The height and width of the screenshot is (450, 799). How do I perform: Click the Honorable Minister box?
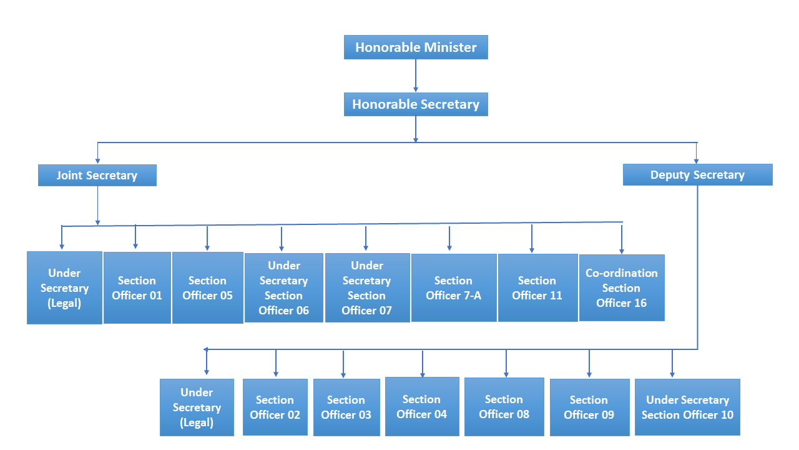[416, 47]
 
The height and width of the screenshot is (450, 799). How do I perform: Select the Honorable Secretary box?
[416, 104]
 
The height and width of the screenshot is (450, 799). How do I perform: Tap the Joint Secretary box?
[97, 176]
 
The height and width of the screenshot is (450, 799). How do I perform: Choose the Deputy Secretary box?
[697, 175]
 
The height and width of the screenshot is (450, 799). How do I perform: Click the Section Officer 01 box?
[137, 287]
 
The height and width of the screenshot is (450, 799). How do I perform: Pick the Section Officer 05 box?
[207, 287]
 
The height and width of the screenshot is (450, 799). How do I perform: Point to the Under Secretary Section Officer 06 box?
[283, 287]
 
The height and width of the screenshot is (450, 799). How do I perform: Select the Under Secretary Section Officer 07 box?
[367, 287]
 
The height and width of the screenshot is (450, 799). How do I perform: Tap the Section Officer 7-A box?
[454, 287]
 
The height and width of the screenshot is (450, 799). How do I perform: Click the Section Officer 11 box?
[537, 287]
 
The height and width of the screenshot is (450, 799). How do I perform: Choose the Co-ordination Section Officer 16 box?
[622, 287]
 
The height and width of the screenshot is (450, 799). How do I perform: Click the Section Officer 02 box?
[275, 407]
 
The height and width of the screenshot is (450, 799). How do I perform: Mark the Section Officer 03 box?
[346, 407]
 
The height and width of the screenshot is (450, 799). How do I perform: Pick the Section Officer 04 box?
[422, 406]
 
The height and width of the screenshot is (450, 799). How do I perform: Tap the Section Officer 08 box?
[504, 406]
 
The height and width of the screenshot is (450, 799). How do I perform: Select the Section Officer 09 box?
[589, 407]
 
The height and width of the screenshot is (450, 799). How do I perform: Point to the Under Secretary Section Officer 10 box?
[687, 407]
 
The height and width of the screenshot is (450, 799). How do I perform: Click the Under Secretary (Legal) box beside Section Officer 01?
[64, 287]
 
